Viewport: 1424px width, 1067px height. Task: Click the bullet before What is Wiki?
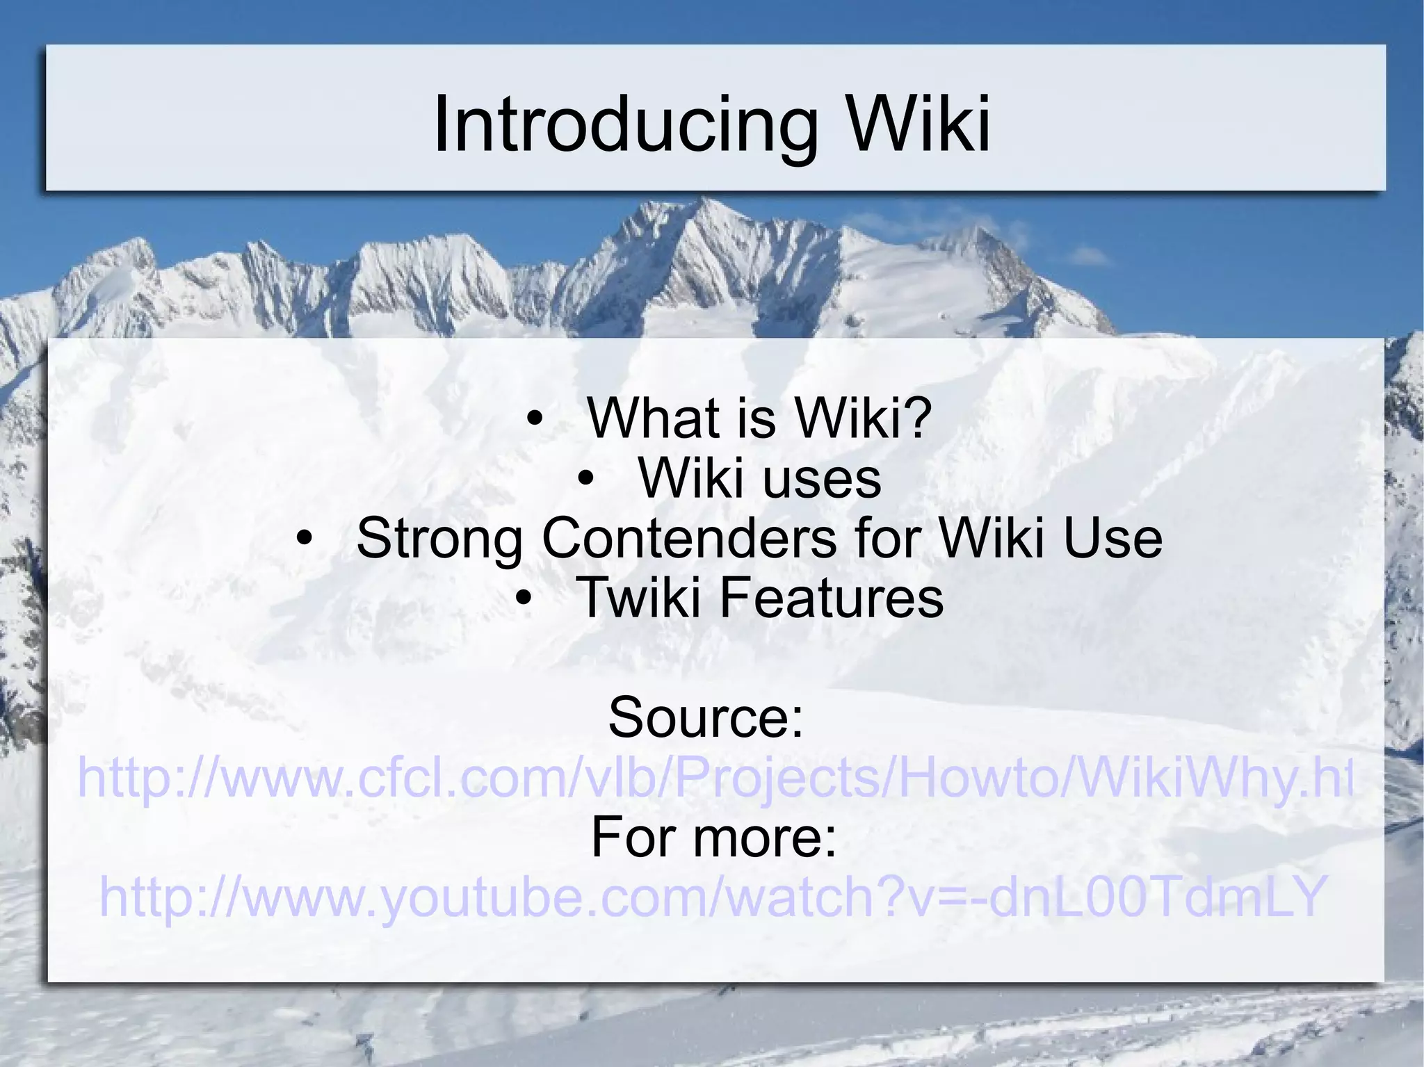(534, 419)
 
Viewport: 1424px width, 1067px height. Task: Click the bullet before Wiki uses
(585, 479)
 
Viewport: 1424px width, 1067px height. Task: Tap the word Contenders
(689, 538)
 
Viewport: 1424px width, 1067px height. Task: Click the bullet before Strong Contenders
(303, 539)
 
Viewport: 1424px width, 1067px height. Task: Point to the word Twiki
(638, 598)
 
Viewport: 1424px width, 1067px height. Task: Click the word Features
(831, 598)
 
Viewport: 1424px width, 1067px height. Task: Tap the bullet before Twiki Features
(524, 598)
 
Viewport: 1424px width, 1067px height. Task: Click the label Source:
(706, 717)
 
